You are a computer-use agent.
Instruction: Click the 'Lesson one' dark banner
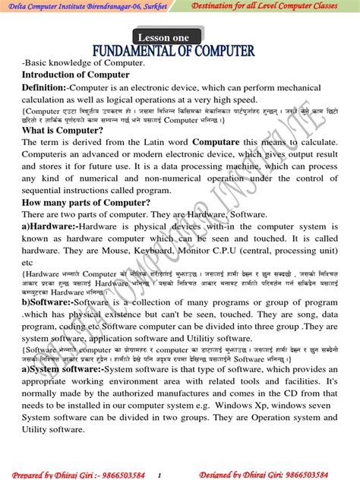coord(168,36)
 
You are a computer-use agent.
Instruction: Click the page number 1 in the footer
coord(159,475)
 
